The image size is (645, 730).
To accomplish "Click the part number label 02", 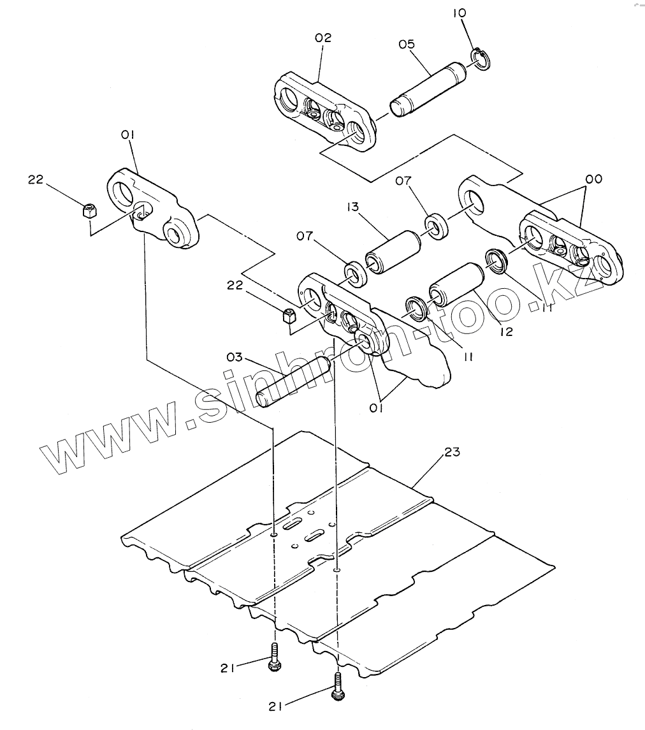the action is click(323, 38).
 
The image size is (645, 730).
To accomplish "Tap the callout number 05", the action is click(406, 44).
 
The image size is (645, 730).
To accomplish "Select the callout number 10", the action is click(460, 13).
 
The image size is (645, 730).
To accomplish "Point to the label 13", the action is click(352, 206).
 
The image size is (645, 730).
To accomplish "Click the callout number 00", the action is click(594, 179).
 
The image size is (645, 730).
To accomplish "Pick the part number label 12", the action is click(506, 332).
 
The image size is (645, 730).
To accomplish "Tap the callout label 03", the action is click(235, 357).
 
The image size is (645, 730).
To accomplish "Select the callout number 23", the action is click(452, 451).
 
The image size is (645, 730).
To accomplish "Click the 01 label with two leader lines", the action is click(376, 408).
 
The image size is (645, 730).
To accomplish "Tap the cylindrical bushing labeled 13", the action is click(393, 252).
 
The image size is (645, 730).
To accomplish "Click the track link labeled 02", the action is click(324, 111).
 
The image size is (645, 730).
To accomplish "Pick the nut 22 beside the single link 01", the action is click(89, 210).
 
